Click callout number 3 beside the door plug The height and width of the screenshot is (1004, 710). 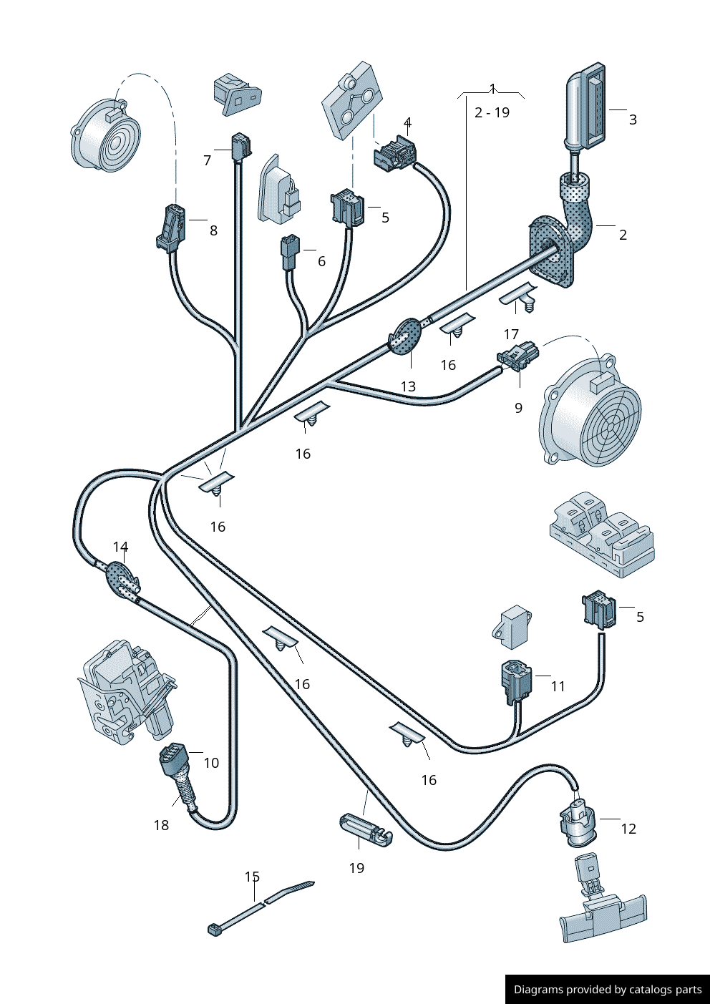tap(633, 120)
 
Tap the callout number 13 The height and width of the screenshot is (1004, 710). tap(408, 386)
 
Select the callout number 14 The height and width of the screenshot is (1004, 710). tap(121, 547)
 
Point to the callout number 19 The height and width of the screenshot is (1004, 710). tap(356, 868)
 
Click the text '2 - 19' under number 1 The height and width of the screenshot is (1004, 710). tap(492, 112)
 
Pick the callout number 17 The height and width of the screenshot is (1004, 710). tap(511, 334)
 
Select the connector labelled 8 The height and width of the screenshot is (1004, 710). tap(170, 228)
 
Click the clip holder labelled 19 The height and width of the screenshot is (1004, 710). tap(364, 830)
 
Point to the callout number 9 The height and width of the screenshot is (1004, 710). tap(519, 408)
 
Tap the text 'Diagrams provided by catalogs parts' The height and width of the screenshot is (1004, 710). tap(608, 990)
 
